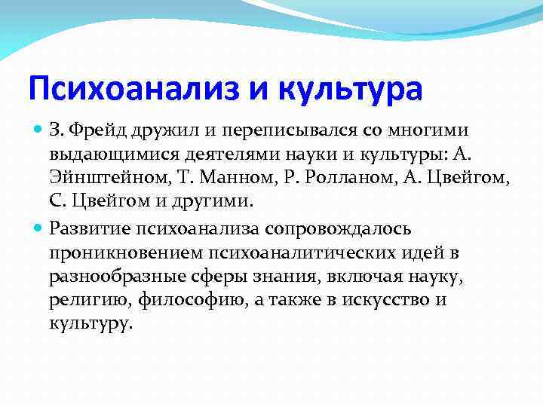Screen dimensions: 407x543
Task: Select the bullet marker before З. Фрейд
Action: [x=39, y=131]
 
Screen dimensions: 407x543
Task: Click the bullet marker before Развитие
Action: [x=39, y=228]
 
